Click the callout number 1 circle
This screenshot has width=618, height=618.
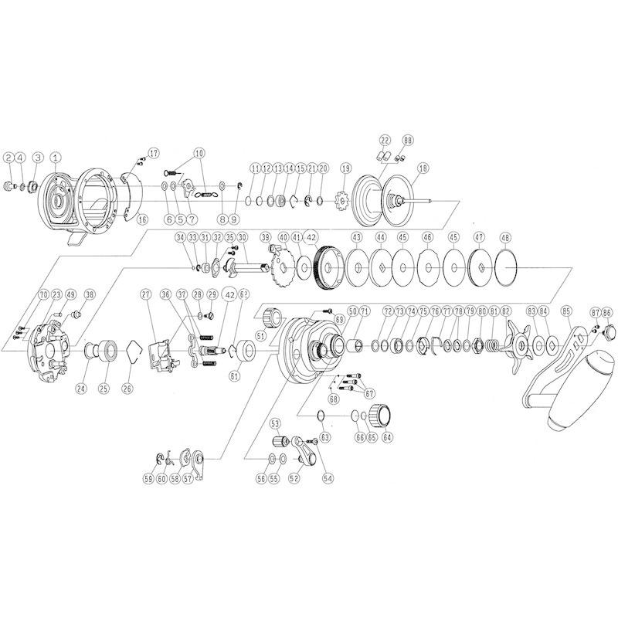(55, 158)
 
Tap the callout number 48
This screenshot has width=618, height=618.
(505, 237)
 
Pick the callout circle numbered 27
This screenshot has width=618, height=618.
(144, 294)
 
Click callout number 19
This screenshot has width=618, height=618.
(345, 168)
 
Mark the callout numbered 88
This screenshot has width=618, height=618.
(408, 139)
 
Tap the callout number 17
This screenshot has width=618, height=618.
(153, 151)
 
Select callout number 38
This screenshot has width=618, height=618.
(90, 294)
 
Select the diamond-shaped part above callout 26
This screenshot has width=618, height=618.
(129, 355)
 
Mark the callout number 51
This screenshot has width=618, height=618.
(260, 336)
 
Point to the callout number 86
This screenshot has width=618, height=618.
(607, 312)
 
